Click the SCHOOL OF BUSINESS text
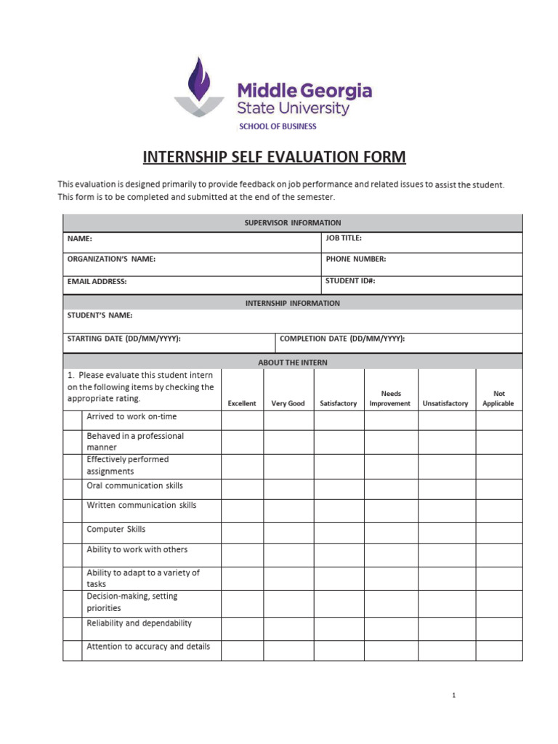point(278,126)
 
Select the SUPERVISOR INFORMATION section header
point(292,223)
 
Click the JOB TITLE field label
point(344,238)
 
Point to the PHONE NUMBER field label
point(356,259)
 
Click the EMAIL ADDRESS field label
point(97,281)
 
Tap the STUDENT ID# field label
point(350,280)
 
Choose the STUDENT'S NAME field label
point(100,315)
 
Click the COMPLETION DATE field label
point(342,339)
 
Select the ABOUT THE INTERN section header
point(292,362)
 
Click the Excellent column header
point(242,403)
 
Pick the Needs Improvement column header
point(390,398)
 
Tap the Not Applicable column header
point(498,398)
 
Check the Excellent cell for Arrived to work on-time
point(242,420)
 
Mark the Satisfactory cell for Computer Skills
point(339,533)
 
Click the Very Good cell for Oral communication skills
point(288,488)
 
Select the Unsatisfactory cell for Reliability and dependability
point(445,628)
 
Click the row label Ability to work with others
point(137,550)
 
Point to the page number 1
point(453,695)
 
